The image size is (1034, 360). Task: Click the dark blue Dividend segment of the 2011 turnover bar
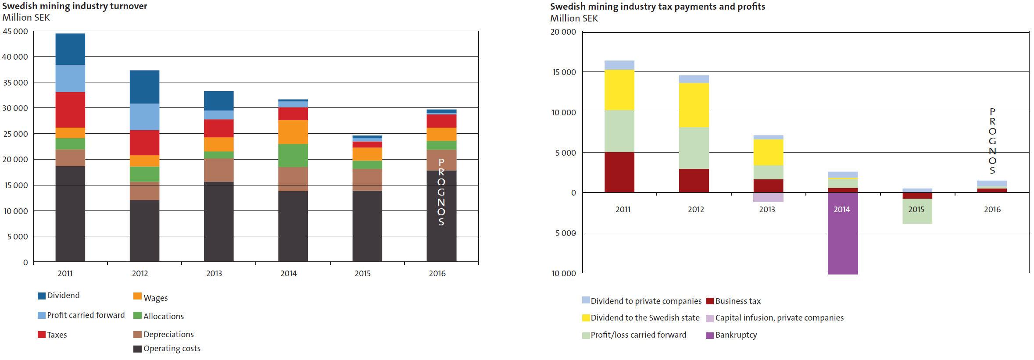(x=70, y=49)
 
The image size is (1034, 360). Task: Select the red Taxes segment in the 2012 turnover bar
(x=144, y=143)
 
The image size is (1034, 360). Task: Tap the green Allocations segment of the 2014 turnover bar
(x=293, y=155)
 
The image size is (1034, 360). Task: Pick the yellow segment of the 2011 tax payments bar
(x=619, y=90)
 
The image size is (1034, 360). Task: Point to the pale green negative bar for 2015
(x=917, y=211)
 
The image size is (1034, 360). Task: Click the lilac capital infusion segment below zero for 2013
(x=768, y=197)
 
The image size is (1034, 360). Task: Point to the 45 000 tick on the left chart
(x=15, y=32)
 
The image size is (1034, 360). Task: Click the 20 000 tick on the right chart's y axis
(x=563, y=32)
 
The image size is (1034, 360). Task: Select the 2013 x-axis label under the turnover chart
(x=214, y=274)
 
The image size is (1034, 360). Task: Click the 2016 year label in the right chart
(x=992, y=210)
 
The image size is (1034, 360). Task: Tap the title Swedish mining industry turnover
(x=75, y=6)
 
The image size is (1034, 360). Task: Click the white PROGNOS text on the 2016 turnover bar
(x=441, y=192)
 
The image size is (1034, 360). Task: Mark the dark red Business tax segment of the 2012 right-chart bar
(x=694, y=180)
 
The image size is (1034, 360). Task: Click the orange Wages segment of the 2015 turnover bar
(x=367, y=154)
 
